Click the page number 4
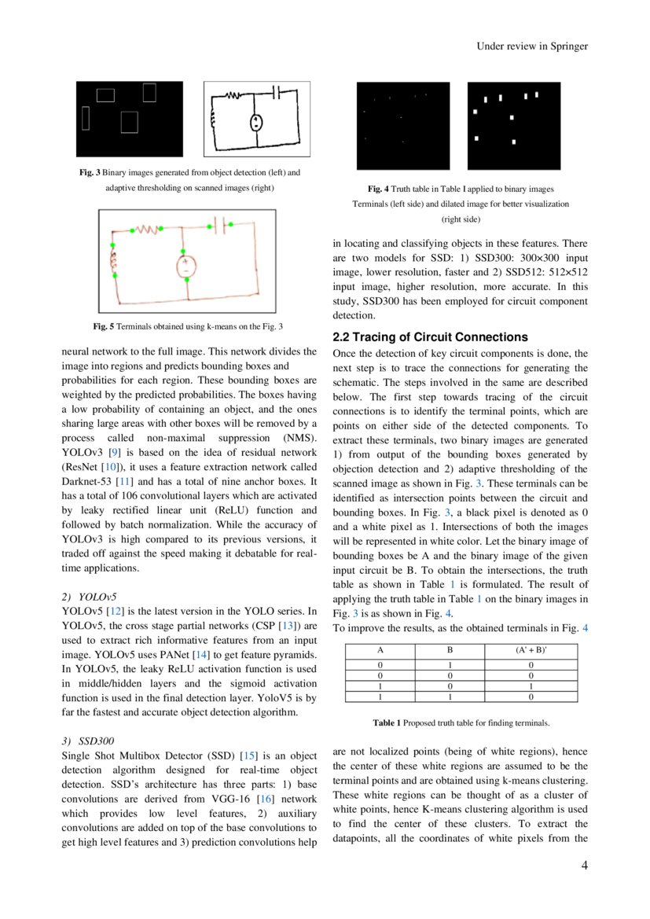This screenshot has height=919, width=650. [x=584, y=866]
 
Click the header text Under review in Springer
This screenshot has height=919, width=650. [x=532, y=46]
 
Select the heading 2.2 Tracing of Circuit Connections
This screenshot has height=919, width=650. [x=430, y=337]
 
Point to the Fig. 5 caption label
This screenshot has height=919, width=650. [x=103, y=326]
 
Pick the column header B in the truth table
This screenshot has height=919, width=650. [x=450, y=651]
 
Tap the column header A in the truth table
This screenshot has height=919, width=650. [x=380, y=651]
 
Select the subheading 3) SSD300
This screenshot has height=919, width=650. [x=87, y=741]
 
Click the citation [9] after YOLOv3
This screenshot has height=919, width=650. [x=114, y=452]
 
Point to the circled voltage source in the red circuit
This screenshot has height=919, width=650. [x=186, y=266]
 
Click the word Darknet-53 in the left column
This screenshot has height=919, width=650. [x=87, y=481]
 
